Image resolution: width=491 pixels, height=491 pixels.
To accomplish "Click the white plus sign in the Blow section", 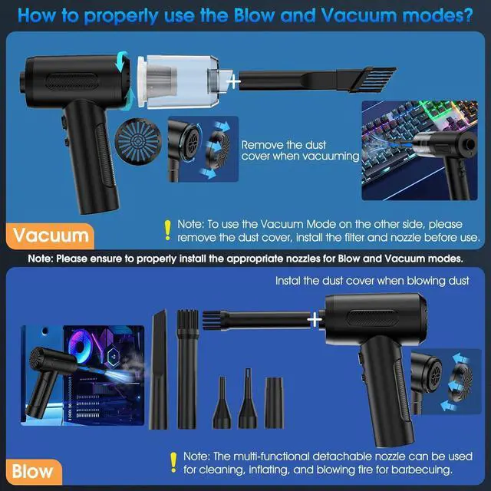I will [x=314, y=317].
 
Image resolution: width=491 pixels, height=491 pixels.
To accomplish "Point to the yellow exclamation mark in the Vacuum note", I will [x=166, y=229].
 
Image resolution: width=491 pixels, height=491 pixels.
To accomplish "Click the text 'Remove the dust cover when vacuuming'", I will [x=299, y=150].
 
